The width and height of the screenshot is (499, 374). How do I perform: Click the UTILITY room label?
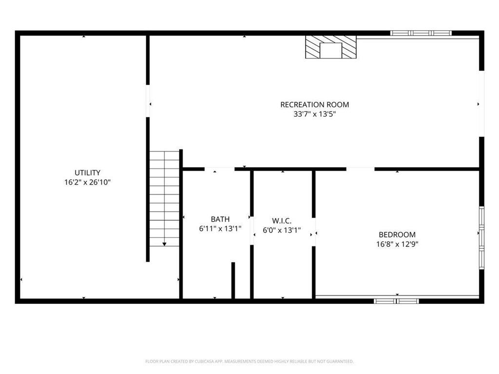tap(87, 173)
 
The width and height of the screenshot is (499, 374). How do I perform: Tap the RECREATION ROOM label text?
tap(314, 105)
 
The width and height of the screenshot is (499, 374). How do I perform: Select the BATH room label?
tap(220, 219)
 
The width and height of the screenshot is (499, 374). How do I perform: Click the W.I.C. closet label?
tap(282, 221)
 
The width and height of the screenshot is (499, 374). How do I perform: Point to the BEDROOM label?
tap(397, 235)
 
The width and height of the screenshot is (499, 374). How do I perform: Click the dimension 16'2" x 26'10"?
tap(87, 182)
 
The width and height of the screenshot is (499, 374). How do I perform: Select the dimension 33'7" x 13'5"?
tap(314, 114)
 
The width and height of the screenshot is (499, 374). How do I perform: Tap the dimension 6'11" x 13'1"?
tap(220, 229)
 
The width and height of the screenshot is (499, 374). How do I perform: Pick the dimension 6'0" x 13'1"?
tap(282, 230)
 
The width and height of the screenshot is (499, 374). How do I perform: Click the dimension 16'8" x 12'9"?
tap(397, 244)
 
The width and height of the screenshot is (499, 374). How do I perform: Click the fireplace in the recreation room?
tap(331, 47)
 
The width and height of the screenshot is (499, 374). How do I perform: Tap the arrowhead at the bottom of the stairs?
tap(164, 244)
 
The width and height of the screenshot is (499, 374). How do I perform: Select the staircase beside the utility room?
tap(164, 199)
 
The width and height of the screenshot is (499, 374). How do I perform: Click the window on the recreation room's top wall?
tap(421, 33)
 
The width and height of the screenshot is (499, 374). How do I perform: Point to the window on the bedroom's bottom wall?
tap(396, 301)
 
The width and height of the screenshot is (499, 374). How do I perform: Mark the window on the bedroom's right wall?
tap(482, 238)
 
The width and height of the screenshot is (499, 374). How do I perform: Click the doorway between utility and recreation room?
tap(148, 101)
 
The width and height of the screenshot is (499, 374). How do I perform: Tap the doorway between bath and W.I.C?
tap(252, 231)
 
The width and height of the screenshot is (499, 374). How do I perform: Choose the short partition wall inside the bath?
tap(233, 280)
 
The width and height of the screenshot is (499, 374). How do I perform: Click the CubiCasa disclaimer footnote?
tap(249, 361)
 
